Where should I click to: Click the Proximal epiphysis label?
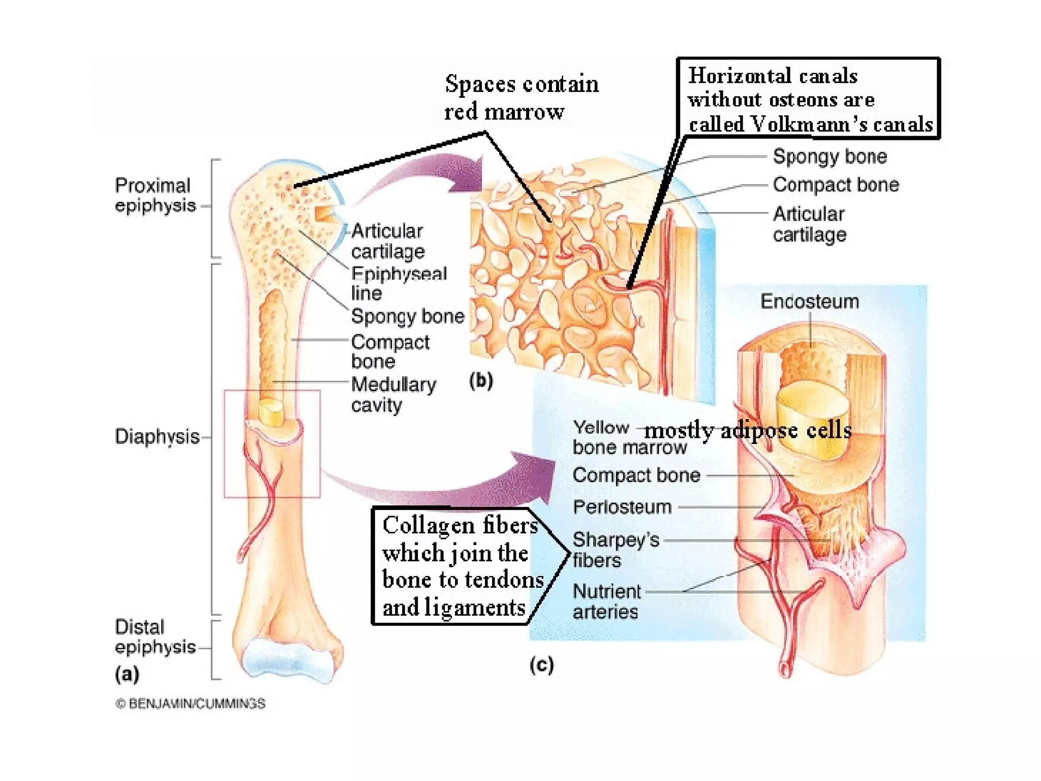pos(155,195)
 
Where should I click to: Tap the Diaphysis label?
pos(157,436)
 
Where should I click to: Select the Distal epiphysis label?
pos(155,637)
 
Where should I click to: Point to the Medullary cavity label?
pos(393,395)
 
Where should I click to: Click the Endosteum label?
pos(809,302)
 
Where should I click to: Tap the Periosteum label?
pos(622,507)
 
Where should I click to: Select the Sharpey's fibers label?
pos(615,550)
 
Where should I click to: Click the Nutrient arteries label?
pos(606,602)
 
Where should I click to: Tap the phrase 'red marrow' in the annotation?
pos(504,112)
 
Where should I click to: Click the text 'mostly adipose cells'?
pos(747,431)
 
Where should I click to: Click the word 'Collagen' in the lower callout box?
pos(430,525)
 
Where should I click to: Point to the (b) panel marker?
pos(480,380)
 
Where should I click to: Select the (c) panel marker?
pos(541,665)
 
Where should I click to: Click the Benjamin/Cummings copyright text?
pos(190,704)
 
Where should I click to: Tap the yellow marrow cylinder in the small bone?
pos(271,412)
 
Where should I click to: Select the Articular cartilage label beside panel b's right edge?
pos(809,224)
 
